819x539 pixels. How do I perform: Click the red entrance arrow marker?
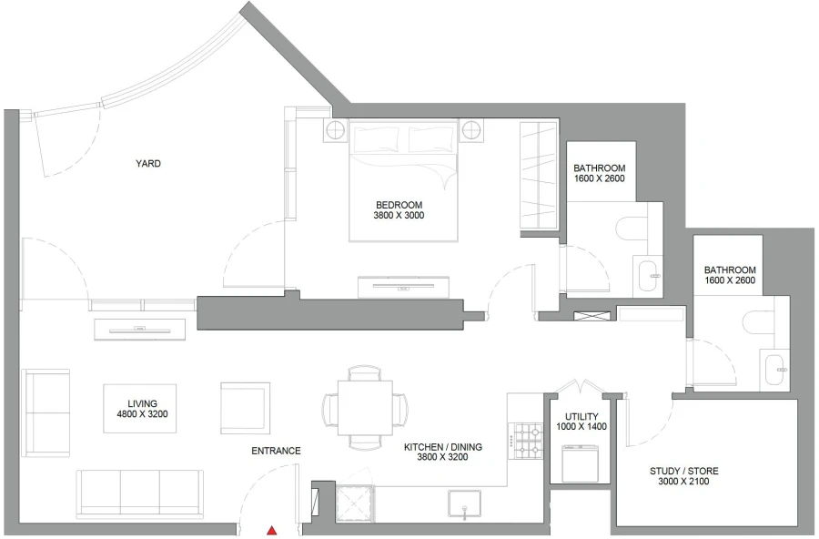point(271,529)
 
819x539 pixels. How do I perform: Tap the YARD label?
point(148,164)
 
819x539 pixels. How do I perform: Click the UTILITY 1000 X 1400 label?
point(581,421)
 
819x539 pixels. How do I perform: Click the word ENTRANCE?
point(276,451)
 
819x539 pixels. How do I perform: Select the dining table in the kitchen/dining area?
point(364,406)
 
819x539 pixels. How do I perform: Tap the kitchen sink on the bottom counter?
point(464,504)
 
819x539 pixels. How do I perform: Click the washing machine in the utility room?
point(580,463)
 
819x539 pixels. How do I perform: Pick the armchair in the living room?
point(245,406)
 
